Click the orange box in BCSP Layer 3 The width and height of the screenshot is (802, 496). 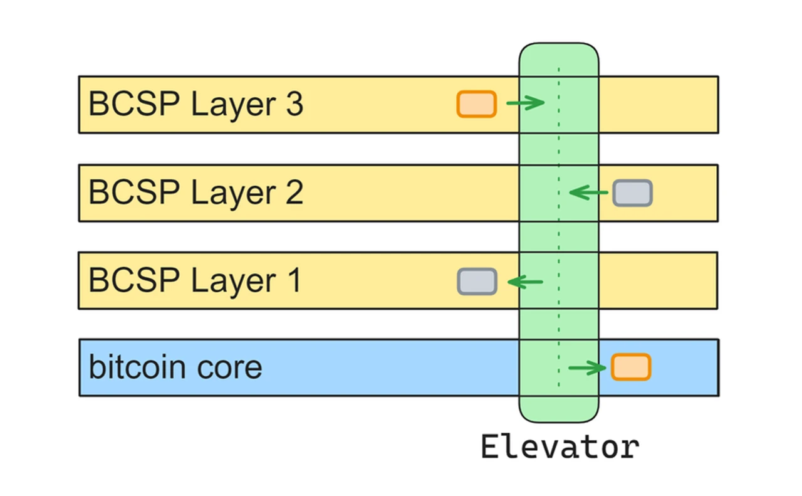pyautogui.click(x=476, y=104)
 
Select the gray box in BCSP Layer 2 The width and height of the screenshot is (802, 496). pyautogui.click(x=632, y=193)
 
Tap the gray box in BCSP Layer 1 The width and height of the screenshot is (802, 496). pyautogui.click(x=477, y=282)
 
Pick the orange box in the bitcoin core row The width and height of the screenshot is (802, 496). pyautogui.click(x=631, y=367)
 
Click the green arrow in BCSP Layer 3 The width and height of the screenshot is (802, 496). pyautogui.click(x=525, y=103)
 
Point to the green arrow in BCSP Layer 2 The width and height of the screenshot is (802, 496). pyautogui.click(x=588, y=193)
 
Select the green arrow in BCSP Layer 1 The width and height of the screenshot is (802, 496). pyautogui.click(x=525, y=282)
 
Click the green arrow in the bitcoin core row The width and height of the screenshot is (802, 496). pyautogui.click(x=587, y=368)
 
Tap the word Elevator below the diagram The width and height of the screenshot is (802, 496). pyautogui.click(x=560, y=447)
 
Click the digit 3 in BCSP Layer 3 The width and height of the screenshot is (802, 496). pyautogui.click(x=294, y=104)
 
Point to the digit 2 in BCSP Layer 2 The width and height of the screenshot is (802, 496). pyautogui.click(x=294, y=193)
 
